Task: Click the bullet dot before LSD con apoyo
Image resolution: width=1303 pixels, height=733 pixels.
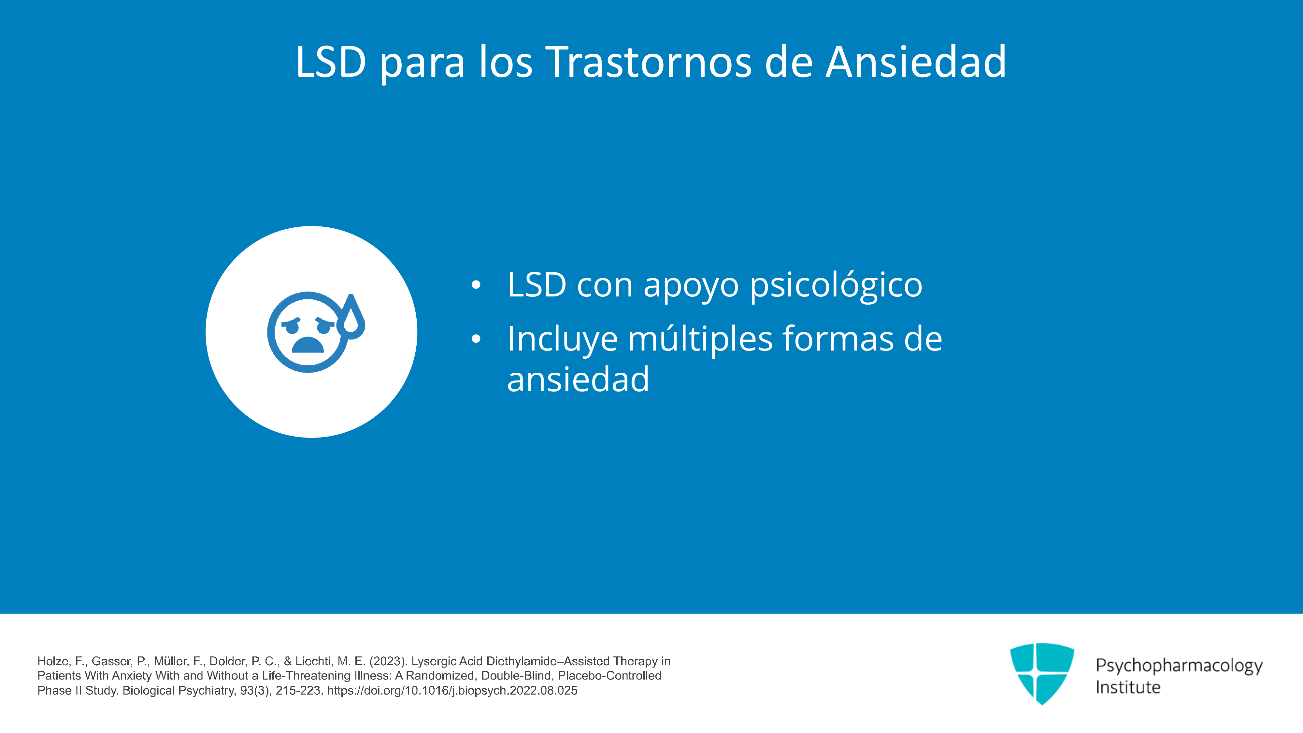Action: click(x=476, y=285)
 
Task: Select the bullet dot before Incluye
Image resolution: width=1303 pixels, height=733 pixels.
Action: click(x=476, y=339)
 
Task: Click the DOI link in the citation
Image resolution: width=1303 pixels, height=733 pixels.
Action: click(x=452, y=691)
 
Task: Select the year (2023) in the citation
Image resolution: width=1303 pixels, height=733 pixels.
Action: click(x=388, y=661)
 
